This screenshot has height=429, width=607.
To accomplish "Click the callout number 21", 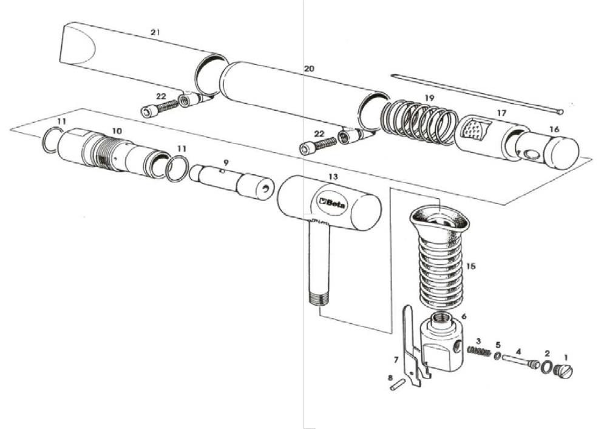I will pyautogui.click(x=155, y=32).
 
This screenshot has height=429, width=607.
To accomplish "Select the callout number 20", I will pyautogui.click(x=309, y=69).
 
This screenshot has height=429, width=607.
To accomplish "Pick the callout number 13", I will pyautogui.click(x=332, y=176).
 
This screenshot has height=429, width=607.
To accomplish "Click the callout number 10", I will pyautogui.click(x=116, y=131).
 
